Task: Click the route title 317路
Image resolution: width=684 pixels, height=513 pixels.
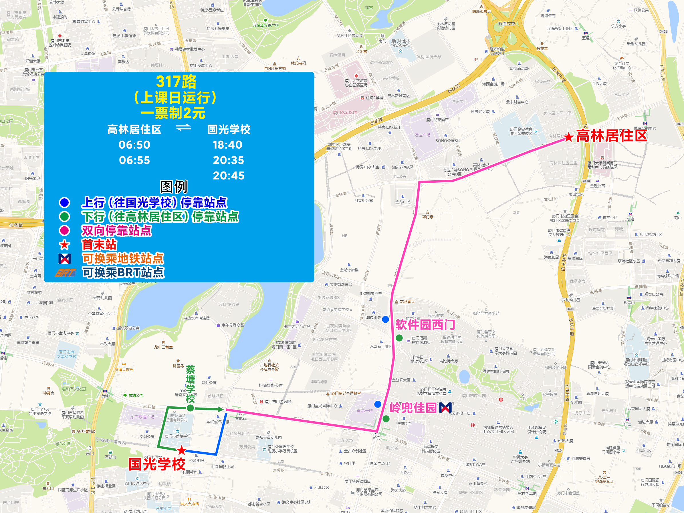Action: click(176, 82)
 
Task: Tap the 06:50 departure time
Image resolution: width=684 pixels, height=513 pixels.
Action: click(134, 145)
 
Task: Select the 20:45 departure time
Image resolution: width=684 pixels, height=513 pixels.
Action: click(229, 175)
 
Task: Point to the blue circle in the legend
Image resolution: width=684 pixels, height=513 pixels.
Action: click(64, 203)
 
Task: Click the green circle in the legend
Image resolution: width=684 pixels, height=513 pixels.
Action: click(64, 217)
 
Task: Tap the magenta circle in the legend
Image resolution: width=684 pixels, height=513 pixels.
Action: click(64, 230)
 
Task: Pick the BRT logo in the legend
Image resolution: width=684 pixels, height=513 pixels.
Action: click(65, 273)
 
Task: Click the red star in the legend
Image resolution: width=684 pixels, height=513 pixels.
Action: click(64, 245)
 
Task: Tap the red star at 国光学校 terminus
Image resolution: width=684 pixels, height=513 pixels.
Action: click(182, 450)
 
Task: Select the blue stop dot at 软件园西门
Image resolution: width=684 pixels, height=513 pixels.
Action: click(385, 319)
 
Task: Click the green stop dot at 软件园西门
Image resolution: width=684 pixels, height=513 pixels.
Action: click(399, 338)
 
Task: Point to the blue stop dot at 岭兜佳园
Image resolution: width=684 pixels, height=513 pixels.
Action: click(378, 404)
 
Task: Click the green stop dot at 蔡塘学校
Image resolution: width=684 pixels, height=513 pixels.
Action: click(191, 408)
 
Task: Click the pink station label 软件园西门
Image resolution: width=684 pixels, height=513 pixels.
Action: click(425, 325)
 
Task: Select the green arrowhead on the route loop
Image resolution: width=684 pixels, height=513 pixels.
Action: click(221, 409)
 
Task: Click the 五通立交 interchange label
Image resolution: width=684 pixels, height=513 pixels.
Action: click(507, 23)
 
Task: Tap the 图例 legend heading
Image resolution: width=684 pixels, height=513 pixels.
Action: click(174, 187)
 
